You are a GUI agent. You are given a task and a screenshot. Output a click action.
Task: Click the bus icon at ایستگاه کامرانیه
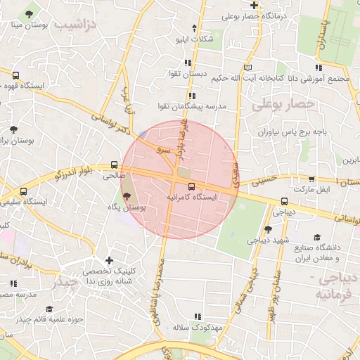(x=192, y=187)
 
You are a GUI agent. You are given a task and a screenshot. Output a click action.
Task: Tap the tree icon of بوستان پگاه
(x=127, y=196)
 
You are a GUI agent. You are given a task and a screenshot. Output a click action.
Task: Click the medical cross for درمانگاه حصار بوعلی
(x=255, y=6)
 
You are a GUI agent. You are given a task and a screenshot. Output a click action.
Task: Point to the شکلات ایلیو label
(x=197, y=39)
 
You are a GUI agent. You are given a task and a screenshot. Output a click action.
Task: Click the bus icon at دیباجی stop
(x=283, y=200)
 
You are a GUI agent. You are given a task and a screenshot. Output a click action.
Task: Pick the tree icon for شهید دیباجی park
(x=267, y=229)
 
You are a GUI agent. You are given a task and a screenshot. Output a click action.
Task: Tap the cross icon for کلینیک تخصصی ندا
(x=109, y=261)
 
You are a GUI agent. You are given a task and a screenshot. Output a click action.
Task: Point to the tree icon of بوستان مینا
(x=28, y=15)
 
